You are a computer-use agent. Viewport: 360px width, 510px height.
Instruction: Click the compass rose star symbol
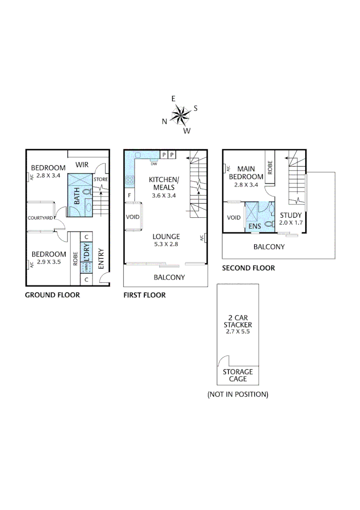click(x=180, y=115)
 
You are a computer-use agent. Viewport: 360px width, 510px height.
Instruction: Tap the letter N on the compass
click(x=164, y=121)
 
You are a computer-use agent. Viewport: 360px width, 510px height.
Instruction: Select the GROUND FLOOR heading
click(x=52, y=295)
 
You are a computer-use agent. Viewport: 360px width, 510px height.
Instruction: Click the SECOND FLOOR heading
click(x=248, y=268)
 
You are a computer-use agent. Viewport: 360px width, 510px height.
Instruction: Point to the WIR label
click(x=83, y=165)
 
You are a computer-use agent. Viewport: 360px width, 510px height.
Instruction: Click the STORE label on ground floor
click(x=101, y=179)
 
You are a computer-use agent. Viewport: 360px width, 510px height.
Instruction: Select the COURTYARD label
click(x=40, y=218)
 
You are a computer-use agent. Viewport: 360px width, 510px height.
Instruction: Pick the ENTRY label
click(x=100, y=259)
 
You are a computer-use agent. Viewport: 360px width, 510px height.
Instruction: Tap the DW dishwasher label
click(x=154, y=164)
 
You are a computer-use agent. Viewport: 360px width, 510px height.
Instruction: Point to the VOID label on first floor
click(x=133, y=217)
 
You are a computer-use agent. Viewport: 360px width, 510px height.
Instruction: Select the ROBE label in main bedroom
click(x=270, y=167)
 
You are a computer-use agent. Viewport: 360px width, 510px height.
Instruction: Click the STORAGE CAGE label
click(x=238, y=375)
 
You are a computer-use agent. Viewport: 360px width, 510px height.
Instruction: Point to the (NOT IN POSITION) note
click(x=238, y=394)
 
